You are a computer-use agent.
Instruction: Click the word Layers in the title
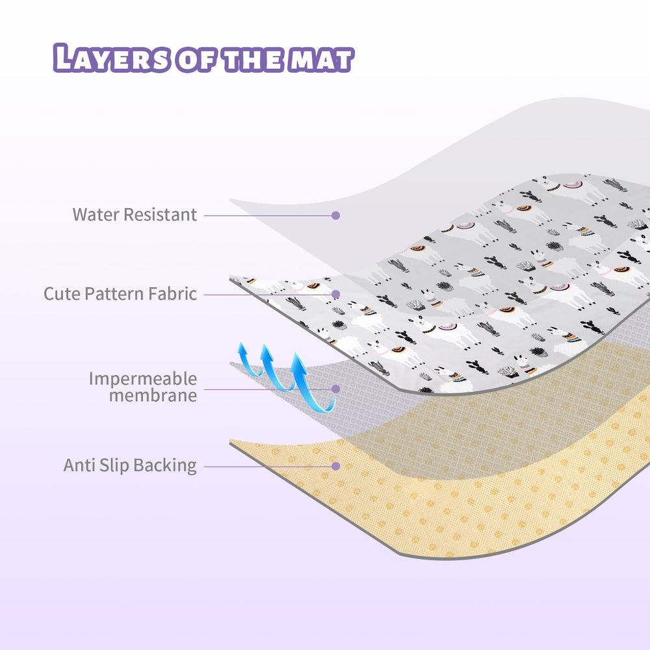(x=112, y=58)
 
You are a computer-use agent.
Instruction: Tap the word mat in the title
(x=321, y=60)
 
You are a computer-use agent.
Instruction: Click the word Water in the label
(x=96, y=214)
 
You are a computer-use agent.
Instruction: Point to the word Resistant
(x=161, y=214)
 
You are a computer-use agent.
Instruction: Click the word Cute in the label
(x=62, y=294)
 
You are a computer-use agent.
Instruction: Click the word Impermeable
(x=143, y=379)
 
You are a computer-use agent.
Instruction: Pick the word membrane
(x=153, y=395)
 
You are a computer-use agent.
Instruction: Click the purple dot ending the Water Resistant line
(x=336, y=215)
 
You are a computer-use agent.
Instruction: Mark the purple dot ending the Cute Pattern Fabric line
(x=336, y=294)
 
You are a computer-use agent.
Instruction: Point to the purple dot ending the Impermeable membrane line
(x=336, y=389)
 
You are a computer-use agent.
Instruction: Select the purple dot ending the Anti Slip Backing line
(x=336, y=466)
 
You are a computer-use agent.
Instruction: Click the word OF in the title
(x=196, y=60)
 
